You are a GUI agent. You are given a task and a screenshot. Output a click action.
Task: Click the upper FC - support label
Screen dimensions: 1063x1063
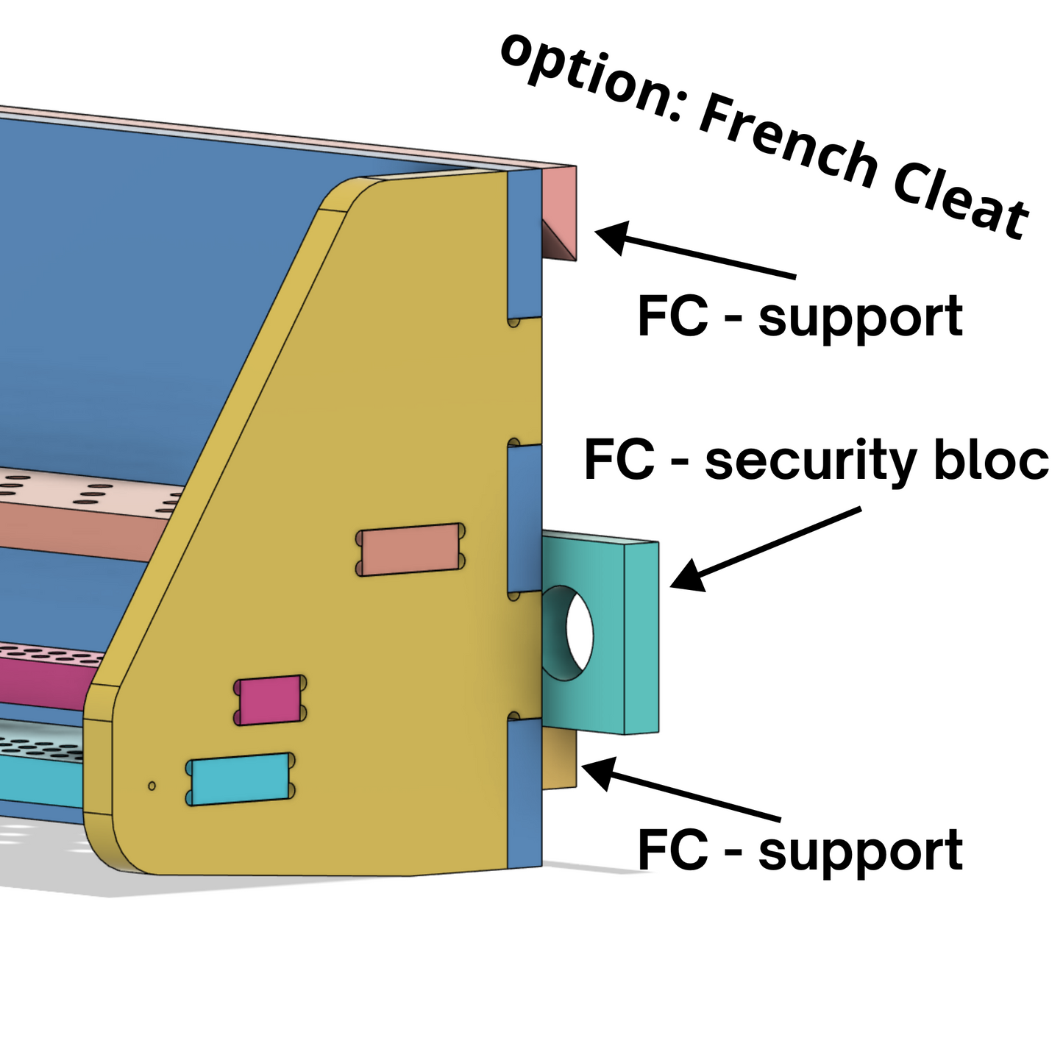pos(800,316)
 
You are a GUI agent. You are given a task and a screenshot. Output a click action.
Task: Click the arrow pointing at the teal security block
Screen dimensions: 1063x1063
pos(765,548)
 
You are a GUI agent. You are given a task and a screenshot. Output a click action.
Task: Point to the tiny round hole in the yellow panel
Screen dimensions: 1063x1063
pos(152,786)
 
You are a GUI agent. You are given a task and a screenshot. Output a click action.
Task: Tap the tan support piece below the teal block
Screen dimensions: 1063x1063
pos(561,758)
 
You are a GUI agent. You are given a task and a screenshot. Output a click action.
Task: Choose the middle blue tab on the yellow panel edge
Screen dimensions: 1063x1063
pos(525,519)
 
